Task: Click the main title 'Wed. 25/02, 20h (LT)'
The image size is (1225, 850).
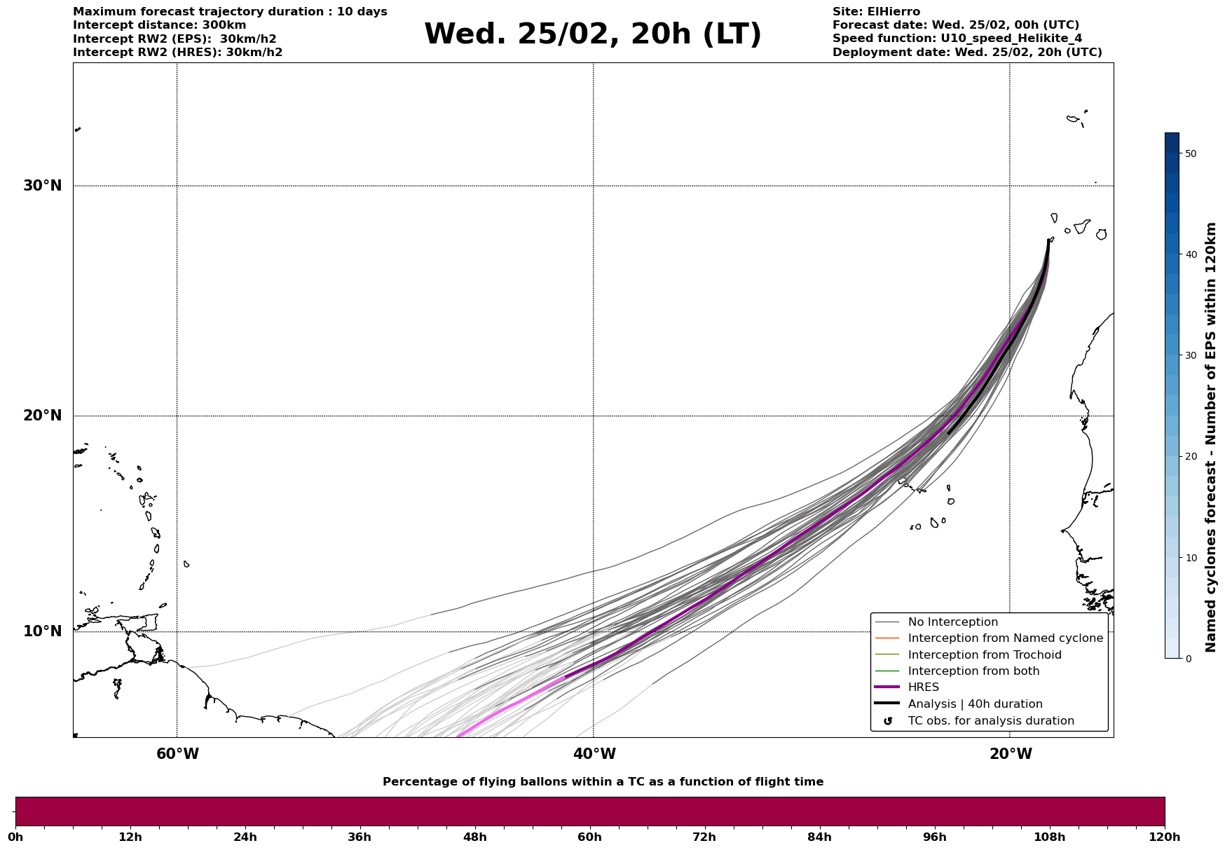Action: (x=592, y=34)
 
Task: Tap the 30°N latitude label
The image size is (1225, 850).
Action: (x=43, y=186)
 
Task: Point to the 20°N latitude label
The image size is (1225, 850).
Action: (x=43, y=416)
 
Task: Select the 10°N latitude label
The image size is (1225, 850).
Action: (x=43, y=631)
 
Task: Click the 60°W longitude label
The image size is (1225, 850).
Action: (x=177, y=754)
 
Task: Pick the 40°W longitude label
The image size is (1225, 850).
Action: (x=594, y=754)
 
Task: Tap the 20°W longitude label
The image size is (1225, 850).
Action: (x=1011, y=754)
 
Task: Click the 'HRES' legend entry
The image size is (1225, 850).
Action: (x=923, y=687)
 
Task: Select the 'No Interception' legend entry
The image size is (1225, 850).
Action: (x=952, y=622)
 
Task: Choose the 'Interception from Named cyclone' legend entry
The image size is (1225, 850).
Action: (x=1005, y=638)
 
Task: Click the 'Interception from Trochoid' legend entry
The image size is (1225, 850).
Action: (x=984, y=655)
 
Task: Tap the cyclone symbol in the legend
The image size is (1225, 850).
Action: (x=888, y=721)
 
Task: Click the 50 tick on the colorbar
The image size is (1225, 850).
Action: (x=1190, y=153)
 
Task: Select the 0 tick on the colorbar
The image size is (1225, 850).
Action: (x=1187, y=659)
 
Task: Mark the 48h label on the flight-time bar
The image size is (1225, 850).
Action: (x=474, y=837)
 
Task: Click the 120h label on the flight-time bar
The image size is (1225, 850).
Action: (x=1165, y=837)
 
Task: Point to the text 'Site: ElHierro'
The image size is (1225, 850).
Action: (x=876, y=12)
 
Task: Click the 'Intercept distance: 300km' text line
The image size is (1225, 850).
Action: (x=159, y=25)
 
